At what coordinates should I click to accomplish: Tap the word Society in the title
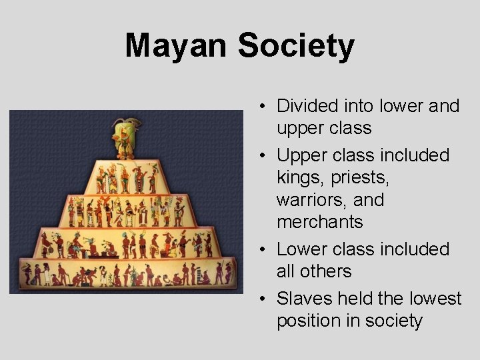click(296, 47)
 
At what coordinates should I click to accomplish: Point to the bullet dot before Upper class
click(265, 156)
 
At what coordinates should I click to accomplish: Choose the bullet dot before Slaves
click(265, 299)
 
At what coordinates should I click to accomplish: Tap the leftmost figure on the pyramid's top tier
click(101, 179)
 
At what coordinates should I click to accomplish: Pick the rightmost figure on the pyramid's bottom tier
click(227, 273)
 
